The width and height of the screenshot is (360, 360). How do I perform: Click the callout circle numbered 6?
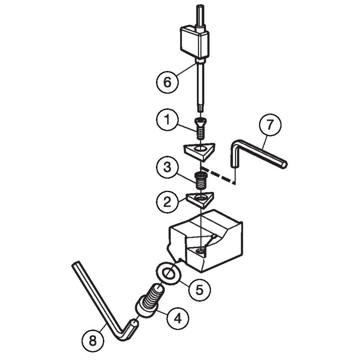point(167,81)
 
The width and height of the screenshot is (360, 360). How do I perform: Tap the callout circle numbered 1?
point(167,120)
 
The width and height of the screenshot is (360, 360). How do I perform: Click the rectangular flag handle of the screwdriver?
point(194,43)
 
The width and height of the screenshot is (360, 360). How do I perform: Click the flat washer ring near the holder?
point(169,273)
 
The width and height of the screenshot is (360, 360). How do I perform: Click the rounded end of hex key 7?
point(285,164)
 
